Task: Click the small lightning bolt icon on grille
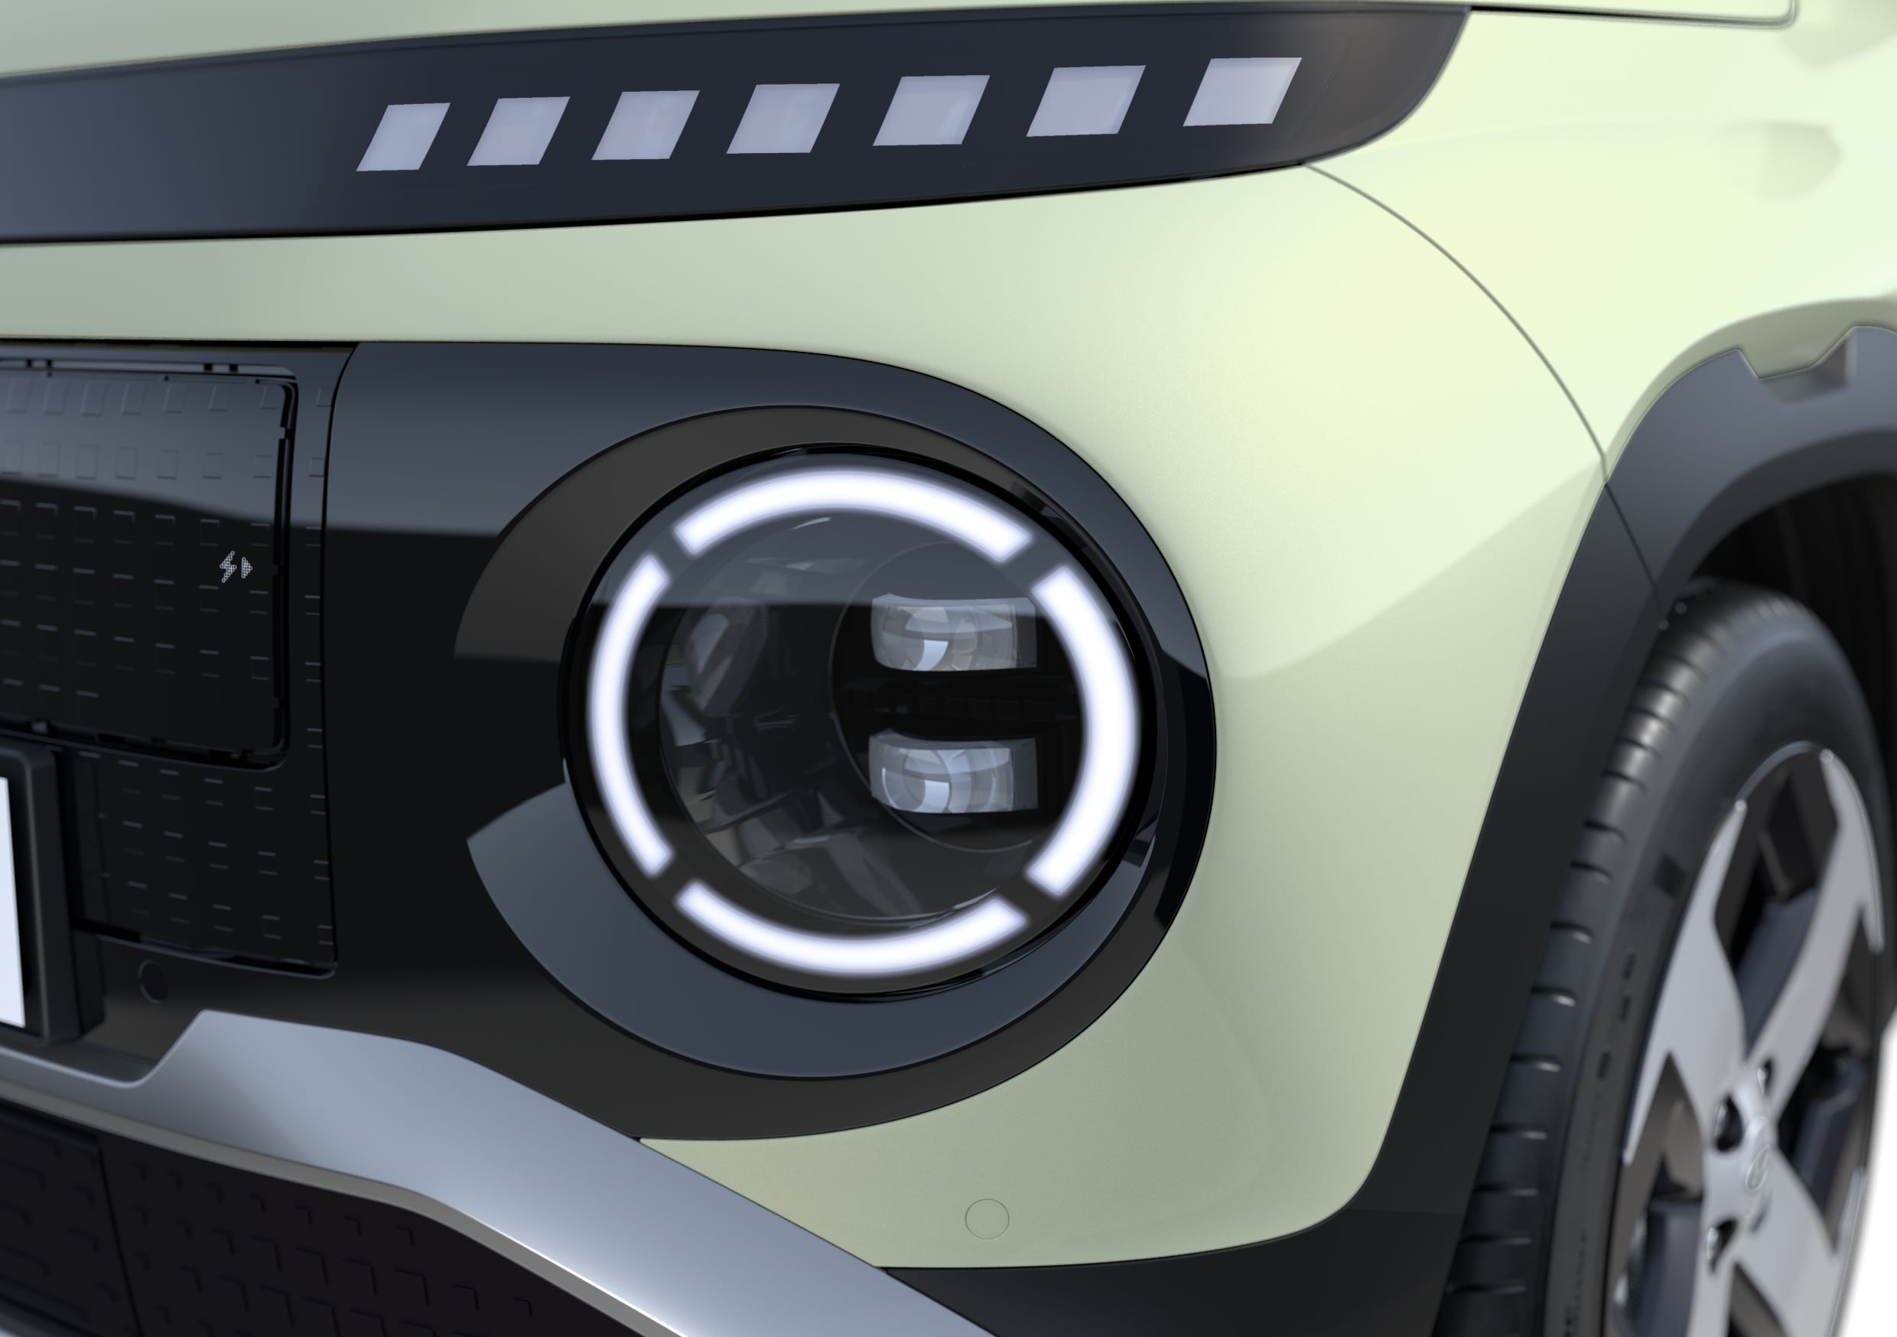[x=236, y=568]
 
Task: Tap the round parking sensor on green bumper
[x=987, y=1219]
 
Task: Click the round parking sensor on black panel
[x=154, y=978]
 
